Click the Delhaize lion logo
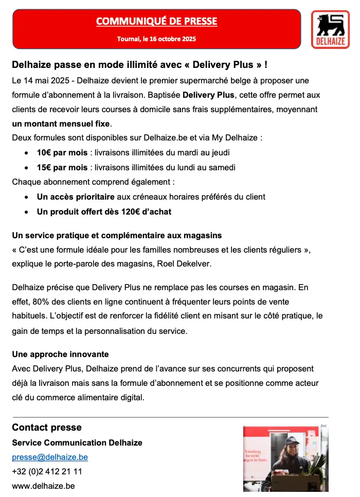(330, 26)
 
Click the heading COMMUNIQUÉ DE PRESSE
(156, 21)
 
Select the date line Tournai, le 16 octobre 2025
(156, 39)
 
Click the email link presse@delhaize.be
(50, 457)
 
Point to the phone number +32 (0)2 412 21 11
(47, 471)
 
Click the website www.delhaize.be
(43, 486)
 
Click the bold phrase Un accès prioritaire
(75, 197)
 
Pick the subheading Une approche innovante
(60, 354)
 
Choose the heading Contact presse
(47, 428)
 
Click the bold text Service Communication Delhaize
(77, 442)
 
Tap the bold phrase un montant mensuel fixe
(61, 124)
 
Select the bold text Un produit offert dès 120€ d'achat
(104, 211)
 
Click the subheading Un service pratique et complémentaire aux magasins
(117, 235)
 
